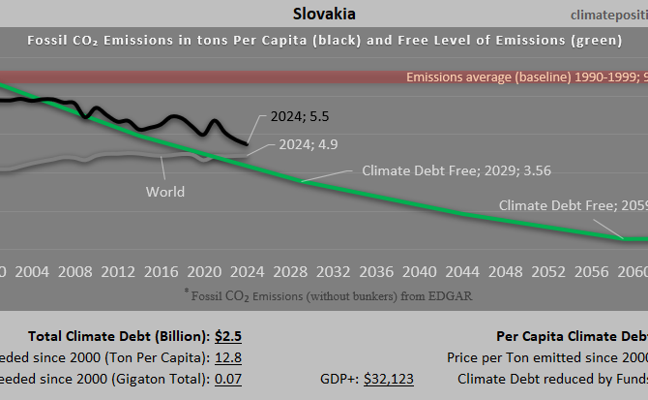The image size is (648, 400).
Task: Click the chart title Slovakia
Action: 323,15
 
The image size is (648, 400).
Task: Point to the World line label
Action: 165,192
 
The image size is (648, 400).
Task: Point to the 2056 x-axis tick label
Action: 588,271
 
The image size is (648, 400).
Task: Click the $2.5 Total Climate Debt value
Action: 228,336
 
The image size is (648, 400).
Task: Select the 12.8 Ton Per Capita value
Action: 227,357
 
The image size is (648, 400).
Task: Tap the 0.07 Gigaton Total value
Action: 227,379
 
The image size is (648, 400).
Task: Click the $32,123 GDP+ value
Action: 389,379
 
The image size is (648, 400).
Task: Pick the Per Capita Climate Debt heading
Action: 571,336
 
